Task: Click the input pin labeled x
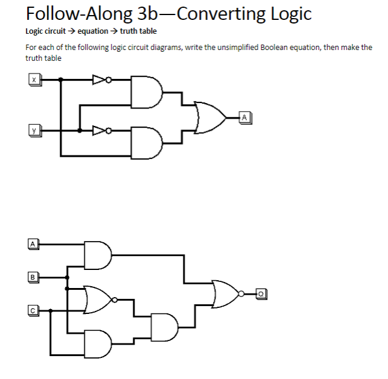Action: tap(35, 79)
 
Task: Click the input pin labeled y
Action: tap(35, 130)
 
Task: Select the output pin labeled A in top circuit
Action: tap(244, 116)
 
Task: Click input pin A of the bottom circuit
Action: tap(34, 244)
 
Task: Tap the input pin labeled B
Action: tap(34, 277)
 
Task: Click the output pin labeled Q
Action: tap(261, 293)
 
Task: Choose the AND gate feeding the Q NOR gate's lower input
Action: tap(165, 327)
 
